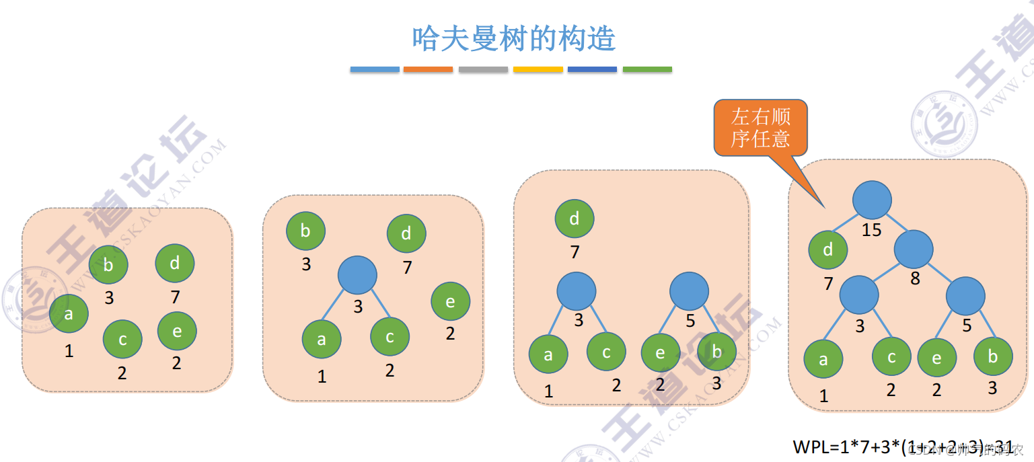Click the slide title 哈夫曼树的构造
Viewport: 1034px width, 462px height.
(x=514, y=39)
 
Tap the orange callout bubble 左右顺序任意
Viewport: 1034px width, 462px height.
(x=760, y=128)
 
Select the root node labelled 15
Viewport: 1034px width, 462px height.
(x=872, y=200)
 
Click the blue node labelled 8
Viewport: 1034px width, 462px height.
(x=914, y=249)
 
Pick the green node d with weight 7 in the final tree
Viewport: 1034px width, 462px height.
(x=828, y=249)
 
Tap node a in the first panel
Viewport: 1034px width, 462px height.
(x=69, y=313)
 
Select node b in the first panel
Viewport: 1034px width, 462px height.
(x=109, y=265)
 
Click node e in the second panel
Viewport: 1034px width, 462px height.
(x=450, y=302)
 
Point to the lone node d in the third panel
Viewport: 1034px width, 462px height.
(x=575, y=219)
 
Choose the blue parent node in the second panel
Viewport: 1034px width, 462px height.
(x=357, y=274)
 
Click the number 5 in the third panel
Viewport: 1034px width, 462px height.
(x=690, y=321)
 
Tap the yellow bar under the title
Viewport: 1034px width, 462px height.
(x=538, y=69)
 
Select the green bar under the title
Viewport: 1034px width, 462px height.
(x=647, y=69)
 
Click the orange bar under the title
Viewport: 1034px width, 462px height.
(x=428, y=69)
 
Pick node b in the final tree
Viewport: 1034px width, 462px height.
(x=993, y=356)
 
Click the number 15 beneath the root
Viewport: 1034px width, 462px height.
(x=871, y=230)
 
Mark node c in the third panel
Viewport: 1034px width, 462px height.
(x=606, y=352)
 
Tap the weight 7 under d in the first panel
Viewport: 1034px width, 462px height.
(x=175, y=297)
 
